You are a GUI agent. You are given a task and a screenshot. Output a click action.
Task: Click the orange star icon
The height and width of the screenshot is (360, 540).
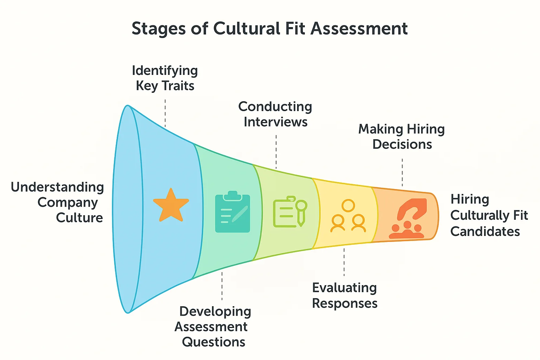tap(171, 206)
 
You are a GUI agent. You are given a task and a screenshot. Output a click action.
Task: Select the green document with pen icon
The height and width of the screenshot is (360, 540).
tap(290, 211)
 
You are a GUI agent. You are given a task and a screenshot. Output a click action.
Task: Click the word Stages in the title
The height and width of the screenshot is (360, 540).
tap(159, 28)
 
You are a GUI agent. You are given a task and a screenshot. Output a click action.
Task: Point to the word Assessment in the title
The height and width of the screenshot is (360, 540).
tap(359, 28)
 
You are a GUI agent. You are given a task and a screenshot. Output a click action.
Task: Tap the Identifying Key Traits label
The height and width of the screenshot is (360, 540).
tap(165, 78)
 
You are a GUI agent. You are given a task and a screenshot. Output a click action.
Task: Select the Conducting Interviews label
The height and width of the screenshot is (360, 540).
tap(275, 114)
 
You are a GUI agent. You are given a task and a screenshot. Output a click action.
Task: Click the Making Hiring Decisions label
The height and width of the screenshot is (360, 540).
tap(401, 137)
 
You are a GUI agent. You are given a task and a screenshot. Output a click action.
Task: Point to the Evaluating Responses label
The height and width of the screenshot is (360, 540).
tap(345, 295)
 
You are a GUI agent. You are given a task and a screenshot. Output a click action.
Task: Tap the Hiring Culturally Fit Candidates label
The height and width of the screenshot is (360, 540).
tap(489, 215)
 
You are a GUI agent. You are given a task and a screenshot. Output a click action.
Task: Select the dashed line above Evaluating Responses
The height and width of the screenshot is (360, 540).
tap(344, 262)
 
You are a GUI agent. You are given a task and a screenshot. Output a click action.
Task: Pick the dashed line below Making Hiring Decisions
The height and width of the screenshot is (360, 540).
tap(402, 172)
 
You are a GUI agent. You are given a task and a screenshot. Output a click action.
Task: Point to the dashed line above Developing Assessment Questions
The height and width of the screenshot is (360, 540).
tap(222, 285)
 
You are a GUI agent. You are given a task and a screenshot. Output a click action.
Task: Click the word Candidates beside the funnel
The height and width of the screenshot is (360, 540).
tap(485, 231)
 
